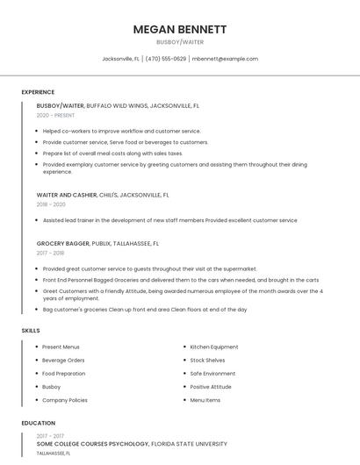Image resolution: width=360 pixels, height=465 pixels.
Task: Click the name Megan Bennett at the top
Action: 180,29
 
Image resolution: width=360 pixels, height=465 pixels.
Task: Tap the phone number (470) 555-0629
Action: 166,59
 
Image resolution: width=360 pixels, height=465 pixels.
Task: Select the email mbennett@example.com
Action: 225,59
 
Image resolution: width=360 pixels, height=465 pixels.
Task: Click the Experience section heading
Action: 38,92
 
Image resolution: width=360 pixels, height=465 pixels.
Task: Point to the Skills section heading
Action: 31,330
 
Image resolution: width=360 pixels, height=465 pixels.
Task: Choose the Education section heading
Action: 38,423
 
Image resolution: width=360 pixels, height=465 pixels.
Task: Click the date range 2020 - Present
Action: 55,115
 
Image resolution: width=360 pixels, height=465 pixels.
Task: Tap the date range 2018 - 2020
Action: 51,204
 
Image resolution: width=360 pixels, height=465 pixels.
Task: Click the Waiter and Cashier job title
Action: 67,195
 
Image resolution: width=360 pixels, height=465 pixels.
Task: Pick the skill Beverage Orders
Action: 63,360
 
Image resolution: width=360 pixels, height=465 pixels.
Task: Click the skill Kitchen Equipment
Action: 214,347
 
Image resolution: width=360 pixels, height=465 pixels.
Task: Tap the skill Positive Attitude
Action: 211,386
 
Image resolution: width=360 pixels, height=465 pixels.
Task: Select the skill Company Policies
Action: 65,400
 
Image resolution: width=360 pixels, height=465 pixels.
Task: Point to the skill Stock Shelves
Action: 207,360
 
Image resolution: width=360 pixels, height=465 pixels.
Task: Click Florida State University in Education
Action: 190,444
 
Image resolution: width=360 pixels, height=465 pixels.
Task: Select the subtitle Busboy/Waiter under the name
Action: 180,42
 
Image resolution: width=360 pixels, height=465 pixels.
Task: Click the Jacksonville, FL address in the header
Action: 121,59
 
